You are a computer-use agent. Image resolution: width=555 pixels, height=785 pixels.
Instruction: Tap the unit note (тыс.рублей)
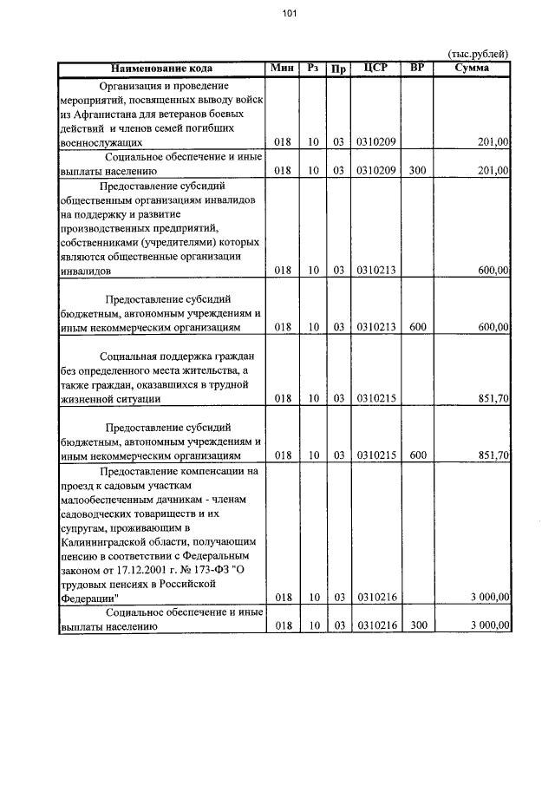coord(477,55)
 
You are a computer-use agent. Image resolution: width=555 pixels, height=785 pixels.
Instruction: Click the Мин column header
coord(282,68)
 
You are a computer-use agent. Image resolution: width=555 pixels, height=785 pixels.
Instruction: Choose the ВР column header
coord(416,68)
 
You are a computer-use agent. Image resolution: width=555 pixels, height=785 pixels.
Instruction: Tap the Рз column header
coord(314,68)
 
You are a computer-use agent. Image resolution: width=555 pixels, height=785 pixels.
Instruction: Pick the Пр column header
coord(338,69)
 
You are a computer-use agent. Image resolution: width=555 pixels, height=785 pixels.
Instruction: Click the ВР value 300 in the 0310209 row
coord(416,171)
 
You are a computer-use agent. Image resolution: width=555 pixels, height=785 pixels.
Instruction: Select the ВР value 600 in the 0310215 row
coord(416,455)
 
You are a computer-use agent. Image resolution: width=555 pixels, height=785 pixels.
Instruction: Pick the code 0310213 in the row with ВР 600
coord(375,327)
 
